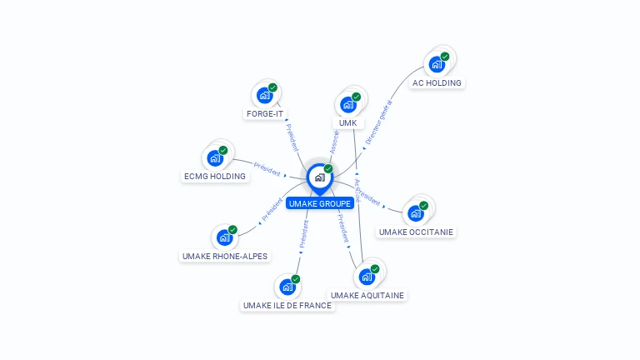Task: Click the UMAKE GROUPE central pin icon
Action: [x=319, y=177]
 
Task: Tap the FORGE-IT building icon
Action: [x=265, y=95]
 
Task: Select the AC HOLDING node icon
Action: [x=436, y=64]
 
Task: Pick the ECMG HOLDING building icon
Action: [x=215, y=157]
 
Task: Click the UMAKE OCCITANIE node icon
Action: [x=416, y=212]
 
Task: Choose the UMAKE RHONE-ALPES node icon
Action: [x=224, y=237]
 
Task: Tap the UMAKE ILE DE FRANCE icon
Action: [x=287, y=287]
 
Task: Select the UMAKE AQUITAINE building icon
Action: [x=367, y=277]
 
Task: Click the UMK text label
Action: [x=348, y=123]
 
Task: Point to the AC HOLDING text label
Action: [x=437, y=83]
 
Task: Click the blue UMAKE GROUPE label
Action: [x=319, y=203]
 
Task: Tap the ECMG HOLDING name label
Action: [x=215, y=177]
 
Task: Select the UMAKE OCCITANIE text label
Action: [x=417, y=232]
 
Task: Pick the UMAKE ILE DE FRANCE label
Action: [x=287, y=306]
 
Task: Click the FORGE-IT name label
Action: [x=265, y=113]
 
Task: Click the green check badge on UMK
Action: [x=357, y=97]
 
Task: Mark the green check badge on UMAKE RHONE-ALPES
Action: [x=232, y=229]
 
